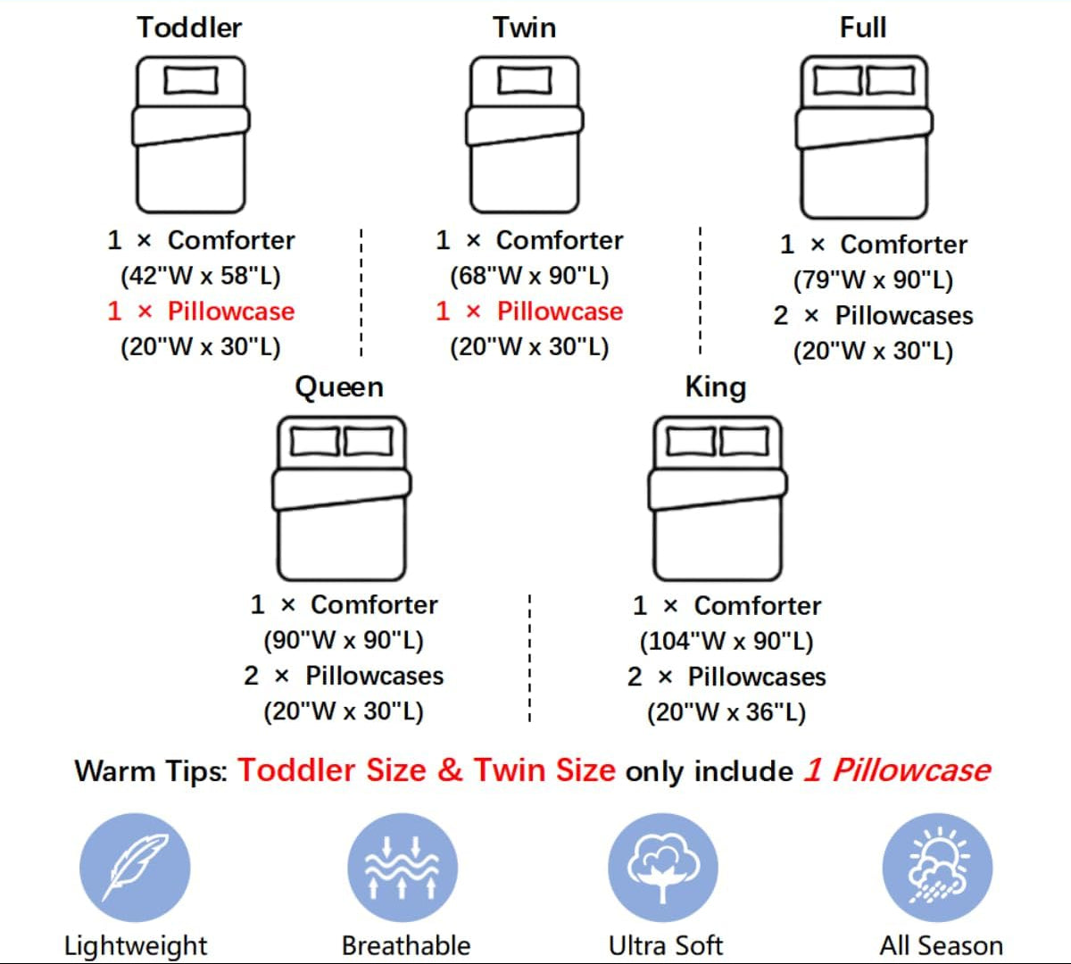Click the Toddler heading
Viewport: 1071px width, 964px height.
pos(189,28)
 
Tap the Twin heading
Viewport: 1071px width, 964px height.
pos(524,28)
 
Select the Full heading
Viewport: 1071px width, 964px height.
pos(863,28)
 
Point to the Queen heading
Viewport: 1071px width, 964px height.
pos(339,386)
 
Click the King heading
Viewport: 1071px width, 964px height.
pos(716,386)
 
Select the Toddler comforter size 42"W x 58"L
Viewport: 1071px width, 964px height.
pos(201,276)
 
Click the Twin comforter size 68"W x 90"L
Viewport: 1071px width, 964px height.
pos(529,276)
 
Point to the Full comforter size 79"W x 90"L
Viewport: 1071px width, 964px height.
pos(874,280)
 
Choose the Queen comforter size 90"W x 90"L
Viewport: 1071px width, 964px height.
pos(344,640)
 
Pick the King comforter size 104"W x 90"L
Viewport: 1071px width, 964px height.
pos(726,641)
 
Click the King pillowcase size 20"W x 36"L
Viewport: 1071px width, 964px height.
pos(726,712)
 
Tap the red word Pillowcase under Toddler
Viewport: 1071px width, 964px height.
pos(231,312)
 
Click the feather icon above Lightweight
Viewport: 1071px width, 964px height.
pos(135,868)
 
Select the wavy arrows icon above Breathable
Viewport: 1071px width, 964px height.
pos(403,868)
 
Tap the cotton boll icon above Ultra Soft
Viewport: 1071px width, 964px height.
pos(663,868)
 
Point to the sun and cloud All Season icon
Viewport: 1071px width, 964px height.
pos(937,868)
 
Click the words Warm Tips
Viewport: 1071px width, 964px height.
pos(152,771)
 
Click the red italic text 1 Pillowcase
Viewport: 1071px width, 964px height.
pos(898,770)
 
